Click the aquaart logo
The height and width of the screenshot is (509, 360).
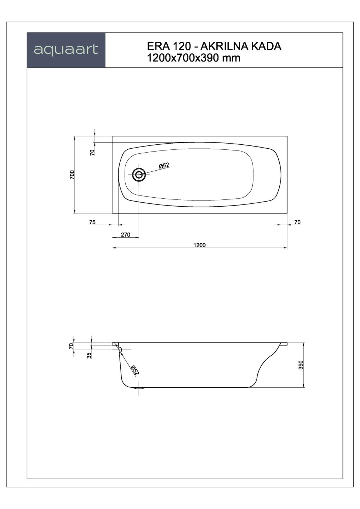pyautogui.click(x=66, y=50)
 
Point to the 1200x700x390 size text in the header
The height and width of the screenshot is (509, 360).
pyautogui.click(x=184, y=58)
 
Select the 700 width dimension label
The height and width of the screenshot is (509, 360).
pyautogui.click(x=72, y=175)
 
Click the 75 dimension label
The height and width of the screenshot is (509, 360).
pyautogui.click(x=92, y=222)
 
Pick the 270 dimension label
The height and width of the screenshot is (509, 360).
pyautogui.click(x=125, y=235)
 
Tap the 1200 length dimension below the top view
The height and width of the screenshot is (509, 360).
pyautogui.click(x=199, y=245)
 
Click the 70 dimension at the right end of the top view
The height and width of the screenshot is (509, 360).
pyautogui.click(x=297, y=222)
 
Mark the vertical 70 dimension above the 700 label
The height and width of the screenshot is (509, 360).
pyautogui.click(x=92, y=152)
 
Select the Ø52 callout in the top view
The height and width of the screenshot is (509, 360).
pyautogui.click(x=164, y=166)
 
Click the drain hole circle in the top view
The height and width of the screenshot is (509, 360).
pyautogui.click(x=139, y=175)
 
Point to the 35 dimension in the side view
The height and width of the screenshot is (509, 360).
pyautogui.click(x=89, y=355)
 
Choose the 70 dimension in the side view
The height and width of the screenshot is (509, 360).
pyautogui.click(x=71, y=346)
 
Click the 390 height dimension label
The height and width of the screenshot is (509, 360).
pyautogui.click(x=301, y=365)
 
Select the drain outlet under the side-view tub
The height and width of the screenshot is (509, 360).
pyautogui.click(x=139, y=388)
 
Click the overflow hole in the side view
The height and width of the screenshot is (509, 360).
pyautogui.click(x=120, y=349)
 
